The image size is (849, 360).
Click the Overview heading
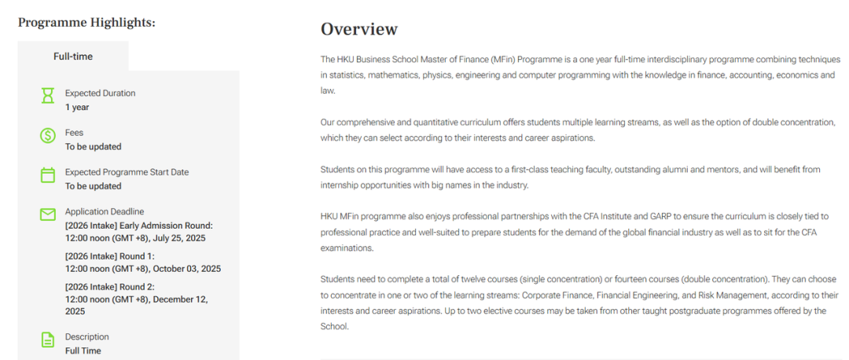click(359, 29)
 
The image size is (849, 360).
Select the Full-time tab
click(73, 56)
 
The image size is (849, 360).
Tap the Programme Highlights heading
click(86, 22)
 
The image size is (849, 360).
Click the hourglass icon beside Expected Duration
click(48, 96)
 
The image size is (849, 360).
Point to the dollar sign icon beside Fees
click(48, 135)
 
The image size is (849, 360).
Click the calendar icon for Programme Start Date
click(48, 174)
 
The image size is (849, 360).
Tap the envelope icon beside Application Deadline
click(48, 214)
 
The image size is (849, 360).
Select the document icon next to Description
click(48, 340)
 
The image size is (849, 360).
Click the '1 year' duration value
click(77, 108)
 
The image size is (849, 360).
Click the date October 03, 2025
click(188, 268)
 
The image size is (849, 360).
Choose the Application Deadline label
click(104, 211)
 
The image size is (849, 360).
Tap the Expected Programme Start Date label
click(127, 172)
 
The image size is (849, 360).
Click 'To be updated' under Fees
click(93, 147)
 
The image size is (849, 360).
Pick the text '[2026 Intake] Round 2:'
click(110, 287)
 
